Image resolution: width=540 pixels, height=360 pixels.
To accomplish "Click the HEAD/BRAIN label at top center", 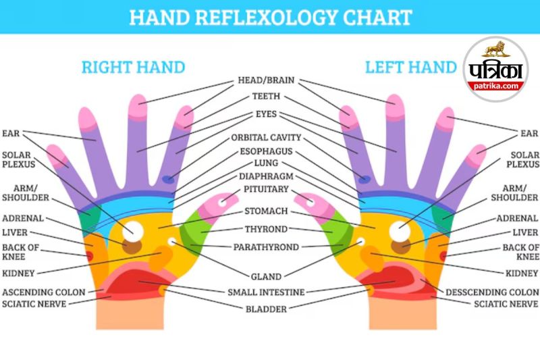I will (265, 81).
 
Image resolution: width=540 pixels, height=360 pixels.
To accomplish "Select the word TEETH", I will (265, 97).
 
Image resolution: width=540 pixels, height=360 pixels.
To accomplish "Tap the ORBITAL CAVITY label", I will (265, 138).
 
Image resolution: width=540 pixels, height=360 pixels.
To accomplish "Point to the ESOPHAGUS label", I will (265, 151).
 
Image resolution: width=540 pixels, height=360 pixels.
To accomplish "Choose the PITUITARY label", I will (265, 189).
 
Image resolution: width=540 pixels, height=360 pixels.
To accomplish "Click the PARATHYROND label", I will (266, 247).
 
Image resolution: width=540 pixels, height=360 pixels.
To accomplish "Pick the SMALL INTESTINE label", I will (266, 292).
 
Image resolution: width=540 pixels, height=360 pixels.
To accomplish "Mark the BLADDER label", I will (266, 309).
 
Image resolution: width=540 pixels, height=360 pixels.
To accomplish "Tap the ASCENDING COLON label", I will (44, 292).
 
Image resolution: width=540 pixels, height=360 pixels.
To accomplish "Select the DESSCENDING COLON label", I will (492, 292).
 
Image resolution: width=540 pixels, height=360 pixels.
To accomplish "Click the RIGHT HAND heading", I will (133, 67).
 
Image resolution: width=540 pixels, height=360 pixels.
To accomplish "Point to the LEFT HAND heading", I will (411, 67).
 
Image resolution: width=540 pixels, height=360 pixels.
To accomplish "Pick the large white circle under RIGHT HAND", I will (132, 232).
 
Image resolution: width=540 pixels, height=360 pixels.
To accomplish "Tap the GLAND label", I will (265, 276).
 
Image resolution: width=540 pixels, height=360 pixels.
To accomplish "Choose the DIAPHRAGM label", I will (265, 176).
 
